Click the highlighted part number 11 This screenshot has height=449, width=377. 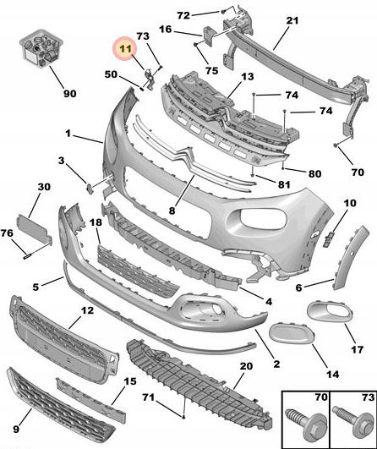point(125,49)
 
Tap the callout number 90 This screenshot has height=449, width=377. point(70,93)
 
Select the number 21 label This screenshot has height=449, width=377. point(292,20)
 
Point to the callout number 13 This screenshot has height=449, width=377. point(248,76)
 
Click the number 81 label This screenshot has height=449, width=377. point(284,184)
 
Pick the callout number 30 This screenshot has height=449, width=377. point(44,187)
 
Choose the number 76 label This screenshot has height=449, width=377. point(7,233)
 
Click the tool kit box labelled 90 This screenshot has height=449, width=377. point(41,47)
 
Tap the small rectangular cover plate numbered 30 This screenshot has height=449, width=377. point(35,228)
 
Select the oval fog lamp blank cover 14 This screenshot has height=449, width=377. point(292,332)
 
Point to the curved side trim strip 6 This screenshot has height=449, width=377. point(349,257)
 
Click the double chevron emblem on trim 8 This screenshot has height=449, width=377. point(183,158)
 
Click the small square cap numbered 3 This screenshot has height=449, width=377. point(90,189)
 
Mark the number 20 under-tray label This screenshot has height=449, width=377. point(246,365)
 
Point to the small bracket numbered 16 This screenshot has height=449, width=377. point(209,35)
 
